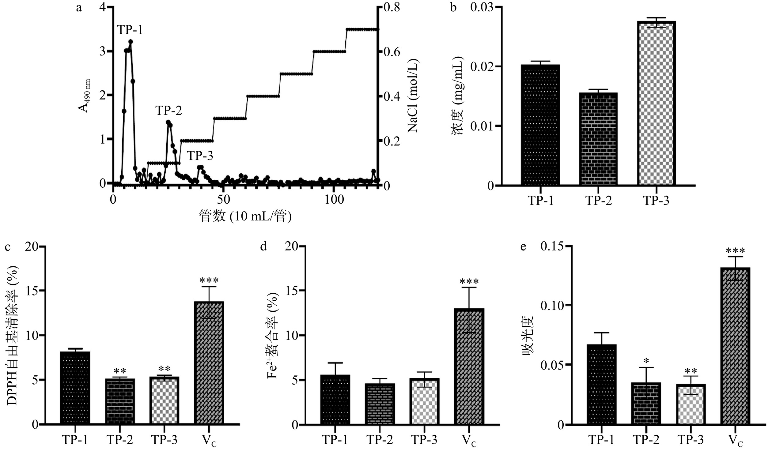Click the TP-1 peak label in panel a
(x=130, y=30)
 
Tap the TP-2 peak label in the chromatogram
(x=168, y=111)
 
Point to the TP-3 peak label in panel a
(x=200, y=156)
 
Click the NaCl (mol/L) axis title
(x=413, y=96)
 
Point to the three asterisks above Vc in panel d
(x=469, y=281)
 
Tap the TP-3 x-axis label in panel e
(x=691, y=440)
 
